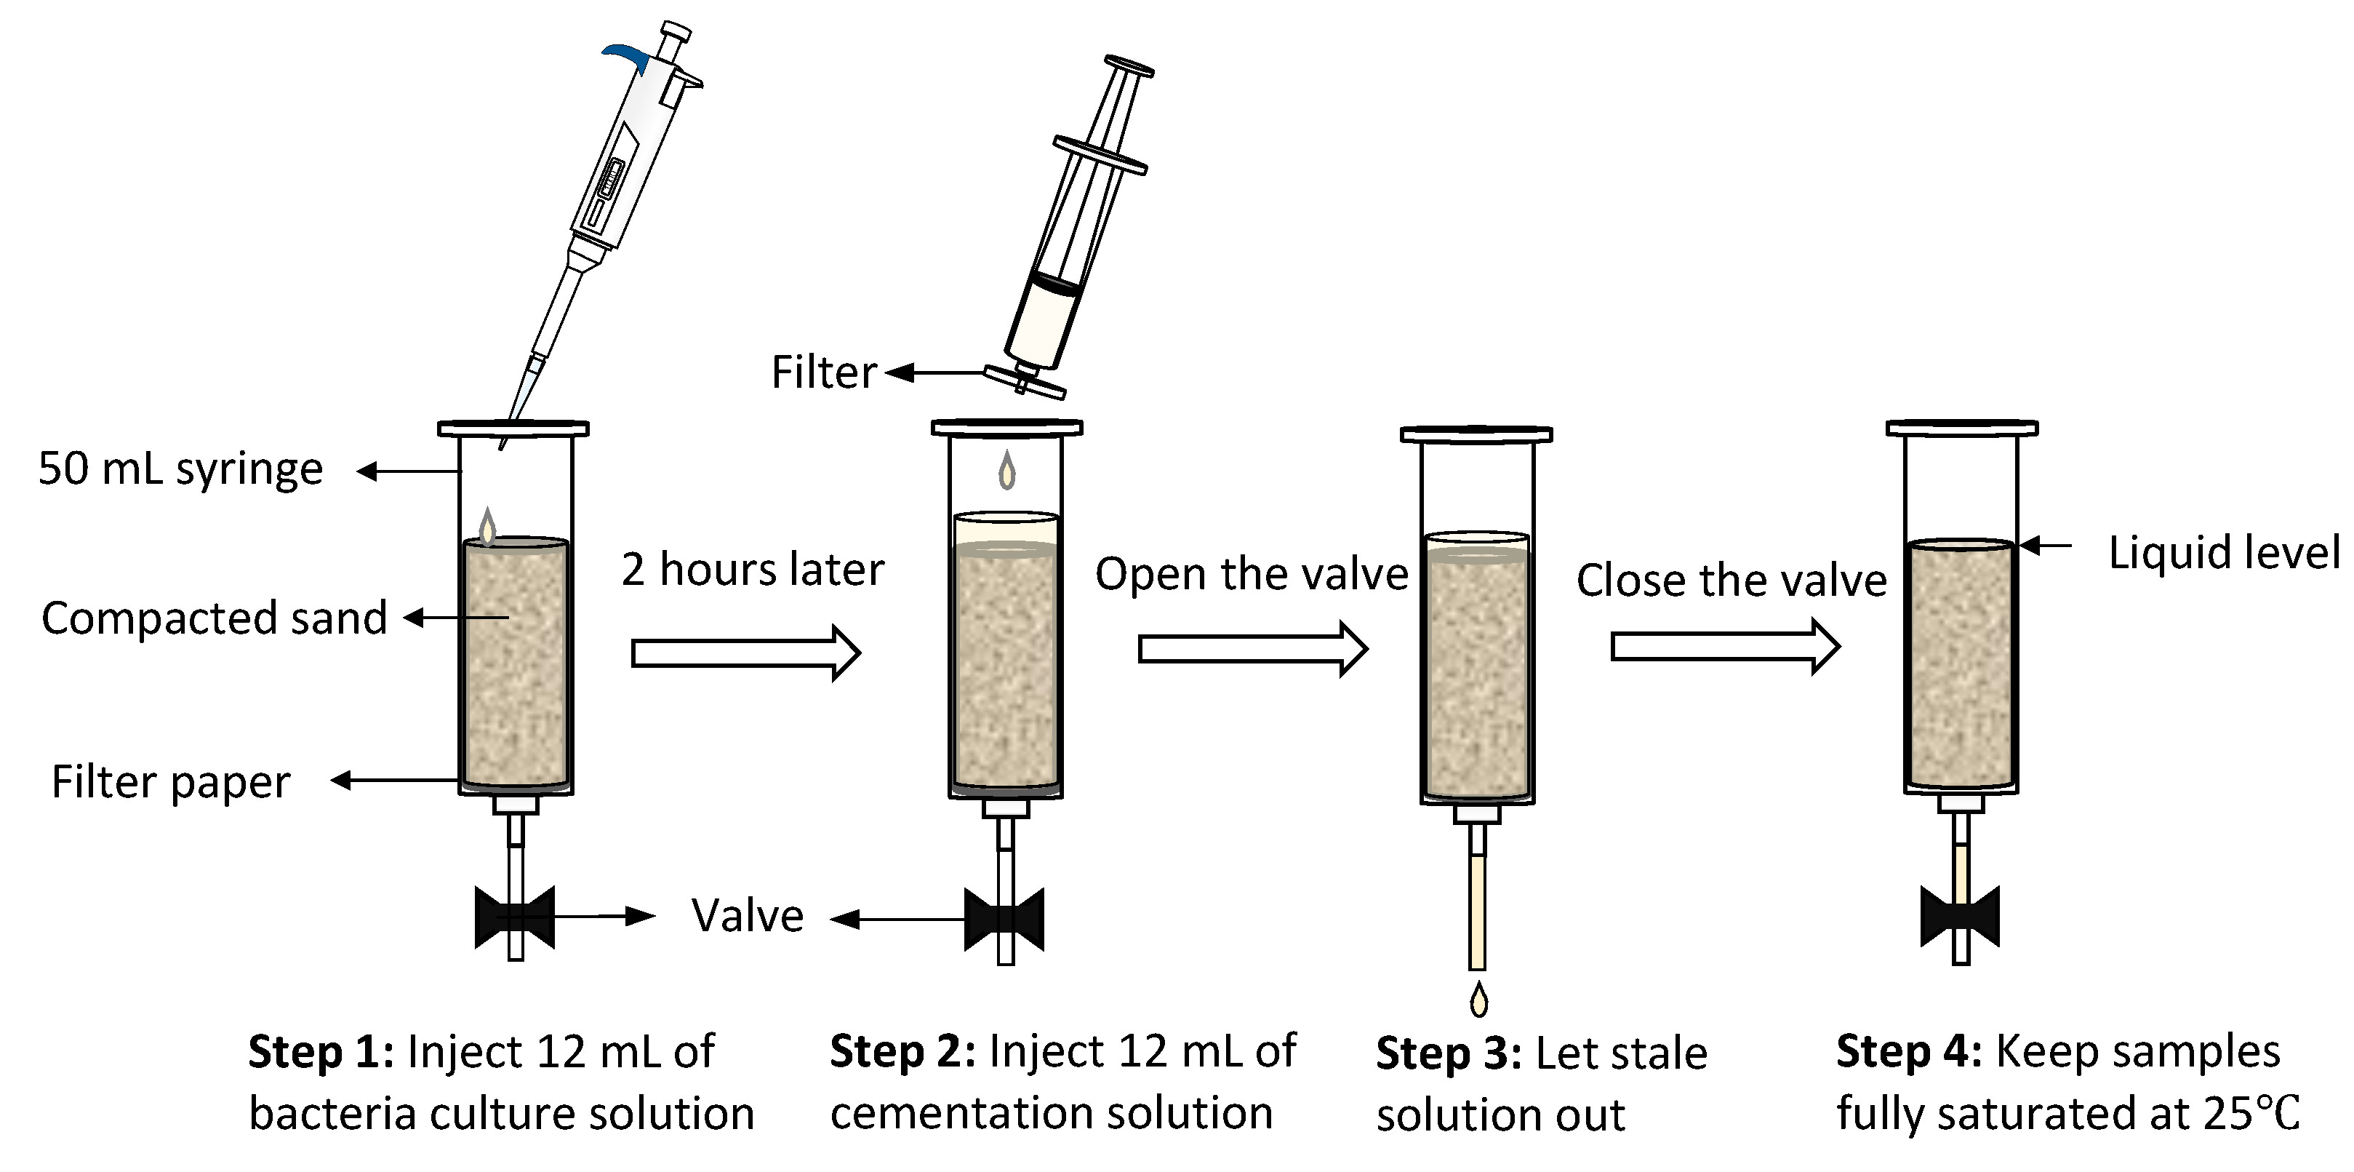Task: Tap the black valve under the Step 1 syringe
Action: [514, 916]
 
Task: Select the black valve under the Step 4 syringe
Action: [1960, 916]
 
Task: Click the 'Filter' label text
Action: [823, 372]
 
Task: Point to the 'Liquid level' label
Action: [2223, 552]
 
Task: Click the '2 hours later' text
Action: [752, 569]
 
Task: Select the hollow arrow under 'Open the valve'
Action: [1252, 649]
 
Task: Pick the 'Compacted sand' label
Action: [214, 618]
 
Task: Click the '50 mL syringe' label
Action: [180, 469]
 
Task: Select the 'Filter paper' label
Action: [170, 781]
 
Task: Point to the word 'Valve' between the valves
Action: [747, 916]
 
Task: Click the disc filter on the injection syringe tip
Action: [1025, 382]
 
